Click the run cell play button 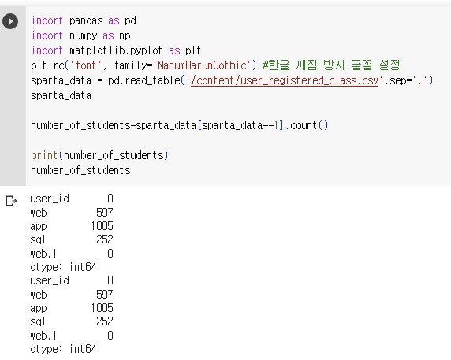coord(10,21)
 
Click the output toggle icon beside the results coord(11,201)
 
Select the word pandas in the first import coord(86,21)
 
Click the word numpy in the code coord(84,36)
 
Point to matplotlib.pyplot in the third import coord(116,51)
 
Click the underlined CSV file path coord(285,80)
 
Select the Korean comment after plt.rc coord(331,65)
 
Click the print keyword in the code coord(44,155)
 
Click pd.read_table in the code coord(144,80)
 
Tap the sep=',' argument coord(408,80)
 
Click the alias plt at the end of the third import coord(193,51)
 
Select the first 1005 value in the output coord(102,226)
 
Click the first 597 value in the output coord(105,213)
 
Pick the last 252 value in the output coord(105,321)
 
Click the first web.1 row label coord(43,254)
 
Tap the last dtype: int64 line coord(63,349)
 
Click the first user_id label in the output coord(50,199)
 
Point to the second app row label coord(39,309)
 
